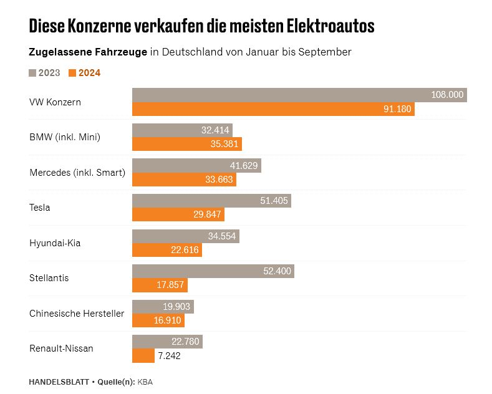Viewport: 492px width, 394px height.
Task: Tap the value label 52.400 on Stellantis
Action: (x=277, y=271)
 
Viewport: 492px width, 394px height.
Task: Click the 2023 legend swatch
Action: (x=33, y=73)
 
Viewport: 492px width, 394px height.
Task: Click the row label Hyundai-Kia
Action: (x=55, y=243)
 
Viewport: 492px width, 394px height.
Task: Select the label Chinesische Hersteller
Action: (x=77, y=314)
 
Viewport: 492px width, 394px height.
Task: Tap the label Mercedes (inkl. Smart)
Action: (x=77, y=173)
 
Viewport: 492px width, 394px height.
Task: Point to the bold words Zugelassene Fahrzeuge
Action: (x=88, y=52)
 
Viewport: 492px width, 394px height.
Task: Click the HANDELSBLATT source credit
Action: (x=59, y=381)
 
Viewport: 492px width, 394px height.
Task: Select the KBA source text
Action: (x=145, y=381)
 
